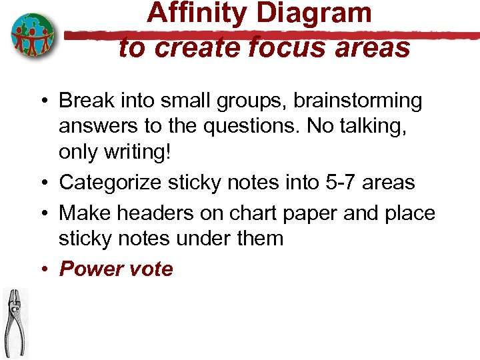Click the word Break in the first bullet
pyautogui.click(x=83, y=101)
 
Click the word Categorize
pyautogui.click(x=111, y=182)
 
